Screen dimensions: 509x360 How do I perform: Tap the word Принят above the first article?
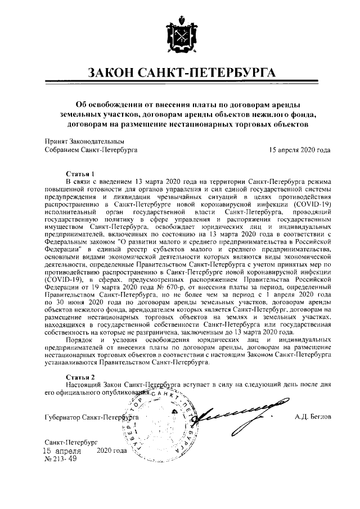pyautogui.click(x=55, y=142)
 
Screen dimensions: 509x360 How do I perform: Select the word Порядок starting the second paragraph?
pyautogui.click(x=79, y=340)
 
